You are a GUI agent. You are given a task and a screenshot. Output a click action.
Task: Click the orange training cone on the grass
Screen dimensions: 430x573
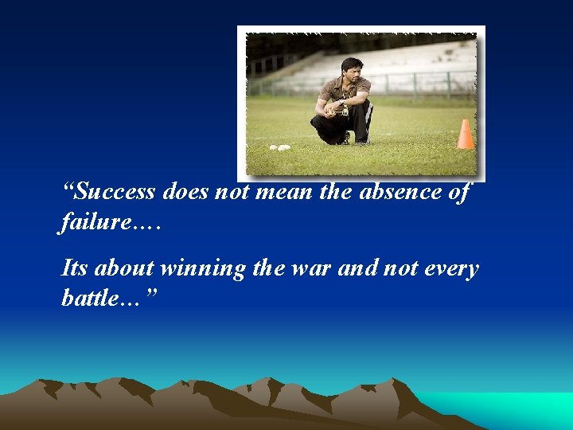click(x=465, y=135)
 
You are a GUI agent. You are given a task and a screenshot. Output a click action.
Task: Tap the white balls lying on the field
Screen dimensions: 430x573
click(x=280, y=147)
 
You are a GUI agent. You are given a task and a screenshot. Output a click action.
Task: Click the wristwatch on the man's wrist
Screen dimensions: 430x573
click(x=341, y=104)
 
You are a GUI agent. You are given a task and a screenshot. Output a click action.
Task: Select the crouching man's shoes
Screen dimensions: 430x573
click(x=350, y=140)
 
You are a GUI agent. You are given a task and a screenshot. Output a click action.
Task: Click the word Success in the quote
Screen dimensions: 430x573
click(x=117, y=192)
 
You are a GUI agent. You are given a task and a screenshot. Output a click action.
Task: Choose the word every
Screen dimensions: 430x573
click(x=450, y=269)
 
